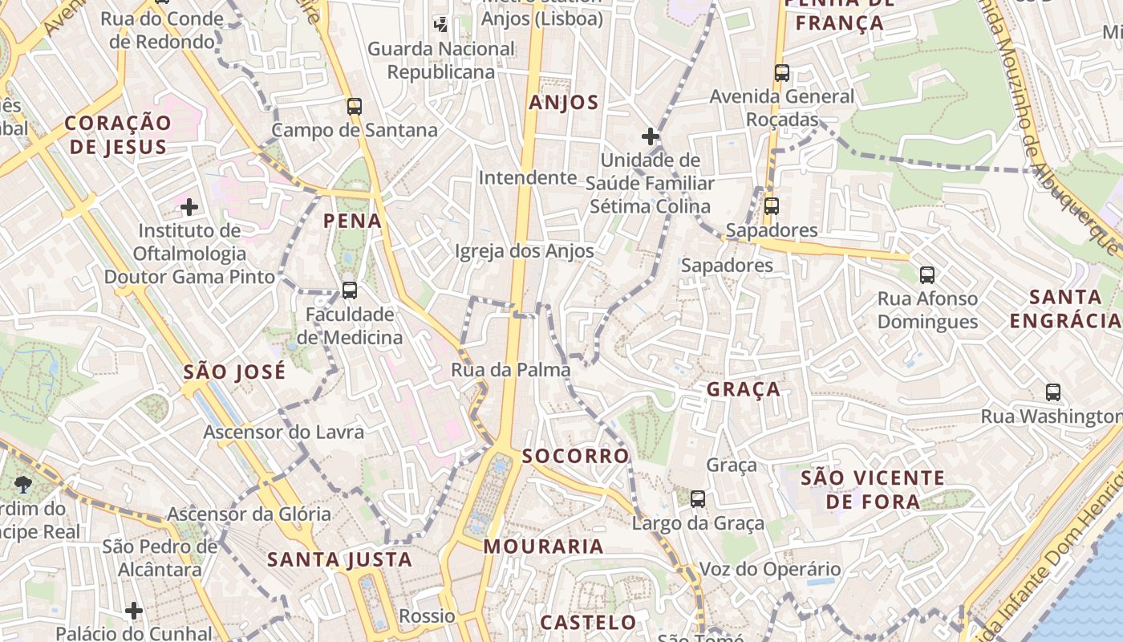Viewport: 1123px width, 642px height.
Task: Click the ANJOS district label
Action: (x=564, y=102)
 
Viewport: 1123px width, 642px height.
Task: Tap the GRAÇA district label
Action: (x=743, y=389)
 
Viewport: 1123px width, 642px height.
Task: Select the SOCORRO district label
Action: (x=575, y=456)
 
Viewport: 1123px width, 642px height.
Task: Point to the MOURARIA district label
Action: (x=543, y=547)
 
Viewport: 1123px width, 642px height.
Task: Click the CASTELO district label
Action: (x=588, y=622)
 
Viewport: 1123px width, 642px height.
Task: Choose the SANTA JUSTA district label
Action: (x=339, y=559)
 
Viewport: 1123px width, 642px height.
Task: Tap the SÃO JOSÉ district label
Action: (x=234, y=372)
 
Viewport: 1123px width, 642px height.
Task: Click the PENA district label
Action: (x=352, y=221)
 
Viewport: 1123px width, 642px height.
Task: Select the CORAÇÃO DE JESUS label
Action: (x=118, y=135)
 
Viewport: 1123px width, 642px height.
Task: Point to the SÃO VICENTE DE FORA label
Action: (x=873, y=490)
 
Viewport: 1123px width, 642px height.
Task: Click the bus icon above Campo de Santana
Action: (x=355, y=106)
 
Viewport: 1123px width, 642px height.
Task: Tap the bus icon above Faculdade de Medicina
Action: (x=350, y=291)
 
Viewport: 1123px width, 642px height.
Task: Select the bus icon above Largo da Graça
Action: (x=698, y=499)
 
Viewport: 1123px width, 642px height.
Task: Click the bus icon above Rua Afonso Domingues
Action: (x=927, y=275)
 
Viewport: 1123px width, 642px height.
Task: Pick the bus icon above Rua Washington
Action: (x=1053, y=392)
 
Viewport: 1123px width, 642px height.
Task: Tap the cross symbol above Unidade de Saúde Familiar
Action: (x=651, y=136)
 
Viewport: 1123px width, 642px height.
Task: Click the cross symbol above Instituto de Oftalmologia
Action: (x=189, y=208)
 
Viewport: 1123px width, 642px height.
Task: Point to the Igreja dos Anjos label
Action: (x=525, y=251)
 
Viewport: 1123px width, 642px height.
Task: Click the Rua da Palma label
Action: (x=511, y=370)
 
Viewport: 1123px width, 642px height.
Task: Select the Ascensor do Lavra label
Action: (x=283, y=432)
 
